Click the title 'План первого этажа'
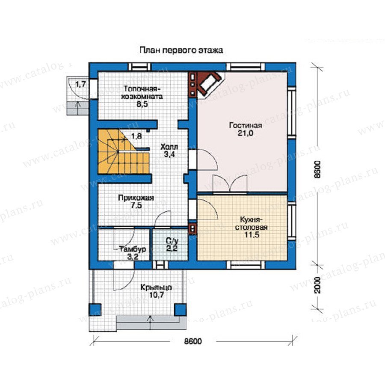pyautogui.click(x=181, y=50)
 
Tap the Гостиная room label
pyautogui.click(x=245, y=125)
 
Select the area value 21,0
pyautogui.click(x=245, y=133)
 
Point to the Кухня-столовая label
pyautogui.click(x=251, y=223)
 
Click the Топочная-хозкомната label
pyautogui.click(x=142, y=92)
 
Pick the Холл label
pyautogui.click(x=169, y=147)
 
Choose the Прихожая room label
pyautogui.click(x=136, y=198)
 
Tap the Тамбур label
pyautogui.click(x=133, y=249)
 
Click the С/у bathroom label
pyautogui.click(x=172, y=241)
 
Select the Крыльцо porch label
pyautogui.click(x=156, y=287)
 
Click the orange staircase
pyautogui.click(x=124, y=151)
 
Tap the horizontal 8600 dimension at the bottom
pyautogui.click(x=193, y=341)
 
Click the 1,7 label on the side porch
pyautogui.click(x=80, y=84)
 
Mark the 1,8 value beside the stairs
pyautogui.click(x=136, y=136)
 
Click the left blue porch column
pyautogui.click(x=95, y=310)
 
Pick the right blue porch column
pyautogui.click(x=180, y=310)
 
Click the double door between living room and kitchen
pyautogui.click(x=230, y=184)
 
